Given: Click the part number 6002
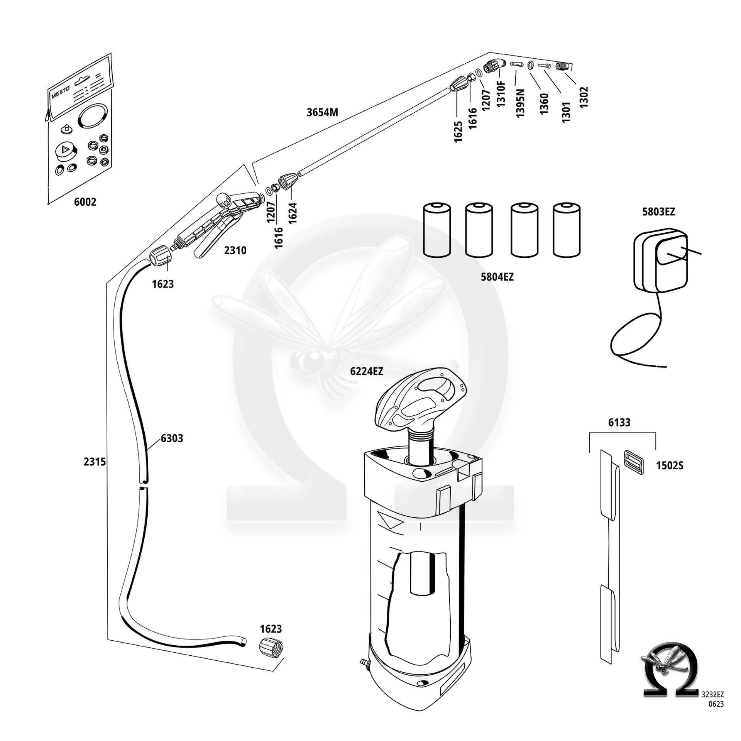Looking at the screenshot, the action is point(85,202).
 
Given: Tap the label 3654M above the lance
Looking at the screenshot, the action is point(322,112).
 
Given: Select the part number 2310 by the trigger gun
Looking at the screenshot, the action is point(235,250).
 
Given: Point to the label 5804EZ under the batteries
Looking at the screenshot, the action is point(497,277).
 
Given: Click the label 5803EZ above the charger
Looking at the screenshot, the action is point(658,212).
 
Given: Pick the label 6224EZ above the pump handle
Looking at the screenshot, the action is point(367,371).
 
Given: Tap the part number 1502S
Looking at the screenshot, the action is point(670,466).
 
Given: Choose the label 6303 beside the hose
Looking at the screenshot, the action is point(172,438).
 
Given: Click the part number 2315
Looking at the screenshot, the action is point(95,462).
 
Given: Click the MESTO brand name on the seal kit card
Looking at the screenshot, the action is point(61,93).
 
